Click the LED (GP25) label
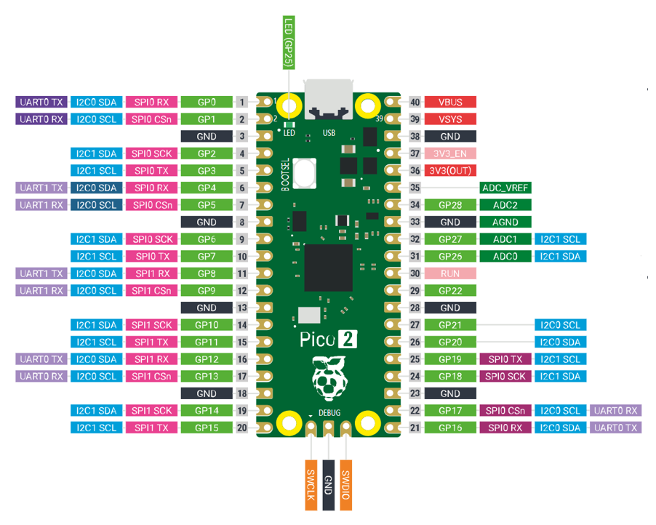[x=289, y=42]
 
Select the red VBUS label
[x=450, y=102]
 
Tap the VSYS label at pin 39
[x=450, y=119]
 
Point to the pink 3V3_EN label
[x=450, y=153]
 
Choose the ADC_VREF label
[x=505, y=188]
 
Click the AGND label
[x=505, y=222]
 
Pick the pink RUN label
[x=450, y=273]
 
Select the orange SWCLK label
[x=311, y=485]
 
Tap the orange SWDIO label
[x=346, y=485]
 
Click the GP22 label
[x=450, y=291]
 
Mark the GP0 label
[x=207, y=102]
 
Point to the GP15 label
[x=207, y=428]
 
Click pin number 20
[x=241, y=428]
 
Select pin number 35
[x=415, y=188]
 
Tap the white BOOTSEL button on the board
[x=304, y=173]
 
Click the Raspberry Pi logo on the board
[x=329, y=377]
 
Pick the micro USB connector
[x=329, y=99]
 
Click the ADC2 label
[x=505, y=205]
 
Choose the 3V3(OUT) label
[x=450, y=171]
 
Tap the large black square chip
[x=329, y=268]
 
